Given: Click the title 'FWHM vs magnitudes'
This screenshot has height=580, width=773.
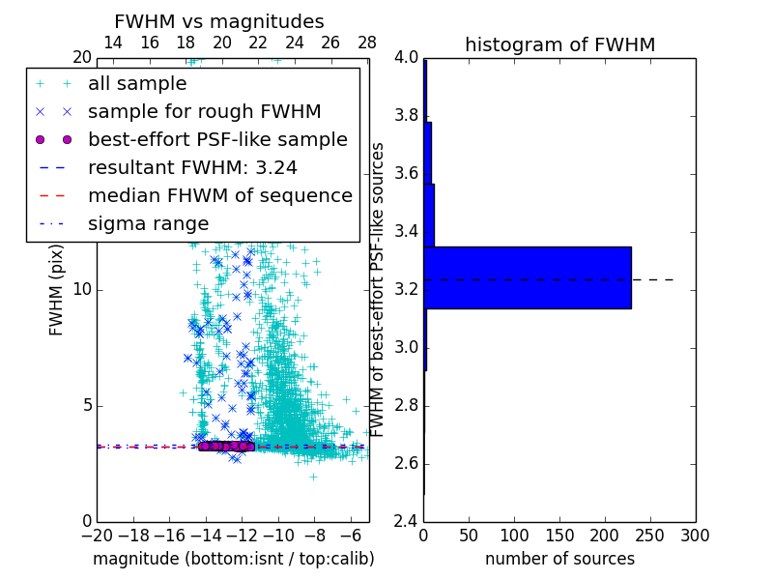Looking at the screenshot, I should point(218,21).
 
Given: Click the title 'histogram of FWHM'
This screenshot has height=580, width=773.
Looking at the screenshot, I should point(559,44).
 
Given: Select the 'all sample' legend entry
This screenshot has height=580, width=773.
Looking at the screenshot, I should point(137,84).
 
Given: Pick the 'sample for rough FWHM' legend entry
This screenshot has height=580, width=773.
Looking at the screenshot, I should point(204,112).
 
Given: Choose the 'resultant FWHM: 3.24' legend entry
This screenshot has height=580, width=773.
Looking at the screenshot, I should point(192,167).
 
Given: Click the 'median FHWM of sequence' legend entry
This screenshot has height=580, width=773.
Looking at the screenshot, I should point(219,195).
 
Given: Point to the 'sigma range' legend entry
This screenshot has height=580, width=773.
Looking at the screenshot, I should point(148,223).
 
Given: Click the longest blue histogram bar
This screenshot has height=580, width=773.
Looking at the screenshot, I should point(527,277).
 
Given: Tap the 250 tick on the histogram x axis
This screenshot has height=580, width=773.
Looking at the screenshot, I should point(649,535).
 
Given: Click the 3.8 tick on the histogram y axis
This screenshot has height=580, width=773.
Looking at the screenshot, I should point(407,116).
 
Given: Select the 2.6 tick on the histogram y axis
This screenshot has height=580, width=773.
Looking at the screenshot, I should point(407,464).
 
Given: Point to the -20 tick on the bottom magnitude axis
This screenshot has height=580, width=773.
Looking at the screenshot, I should point(97,535).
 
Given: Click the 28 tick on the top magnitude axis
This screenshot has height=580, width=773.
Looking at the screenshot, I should point(367,43).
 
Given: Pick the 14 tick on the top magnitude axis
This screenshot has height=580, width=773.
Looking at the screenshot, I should point(112,43).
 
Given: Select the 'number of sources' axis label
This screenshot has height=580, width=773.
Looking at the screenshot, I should point(559,559).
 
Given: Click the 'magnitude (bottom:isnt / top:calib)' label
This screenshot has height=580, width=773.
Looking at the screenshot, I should point(233,559).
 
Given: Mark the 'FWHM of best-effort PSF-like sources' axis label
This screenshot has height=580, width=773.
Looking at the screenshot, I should point(379,289).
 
